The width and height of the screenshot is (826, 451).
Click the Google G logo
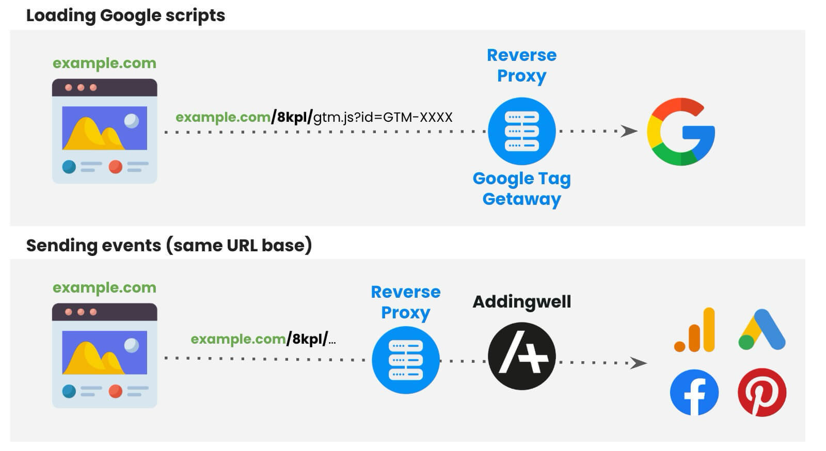tap(680, 132)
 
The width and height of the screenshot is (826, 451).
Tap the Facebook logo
tap(694, 392)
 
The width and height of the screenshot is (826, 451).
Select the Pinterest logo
tap(762, 392)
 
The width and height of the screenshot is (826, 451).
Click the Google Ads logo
tap(762, 330)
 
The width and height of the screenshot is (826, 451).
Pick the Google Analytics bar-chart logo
tap(695, 330)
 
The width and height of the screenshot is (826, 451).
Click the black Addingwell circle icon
tap(521, 356)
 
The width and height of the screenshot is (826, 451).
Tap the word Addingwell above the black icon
tap(521, 302)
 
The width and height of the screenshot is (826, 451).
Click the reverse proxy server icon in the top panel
tap(521, 132)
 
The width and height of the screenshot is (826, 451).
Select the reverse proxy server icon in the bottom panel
tap(405, 360)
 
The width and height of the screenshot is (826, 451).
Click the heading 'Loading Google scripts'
tap(125, 15)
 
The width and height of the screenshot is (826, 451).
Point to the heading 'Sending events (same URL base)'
tap(169, 245)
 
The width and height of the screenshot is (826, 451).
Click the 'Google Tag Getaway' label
tap(521, 189)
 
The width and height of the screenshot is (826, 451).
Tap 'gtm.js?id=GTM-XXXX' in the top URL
tap(383, 118)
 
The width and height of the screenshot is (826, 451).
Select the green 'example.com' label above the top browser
tap(104, 63)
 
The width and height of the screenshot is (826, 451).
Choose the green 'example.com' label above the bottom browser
tap(104, 288)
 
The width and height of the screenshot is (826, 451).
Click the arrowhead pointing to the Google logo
tap(629, 132)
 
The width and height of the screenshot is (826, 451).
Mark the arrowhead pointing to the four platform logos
tap(639, 363)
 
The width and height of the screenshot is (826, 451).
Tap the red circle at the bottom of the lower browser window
tap(116, 391)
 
